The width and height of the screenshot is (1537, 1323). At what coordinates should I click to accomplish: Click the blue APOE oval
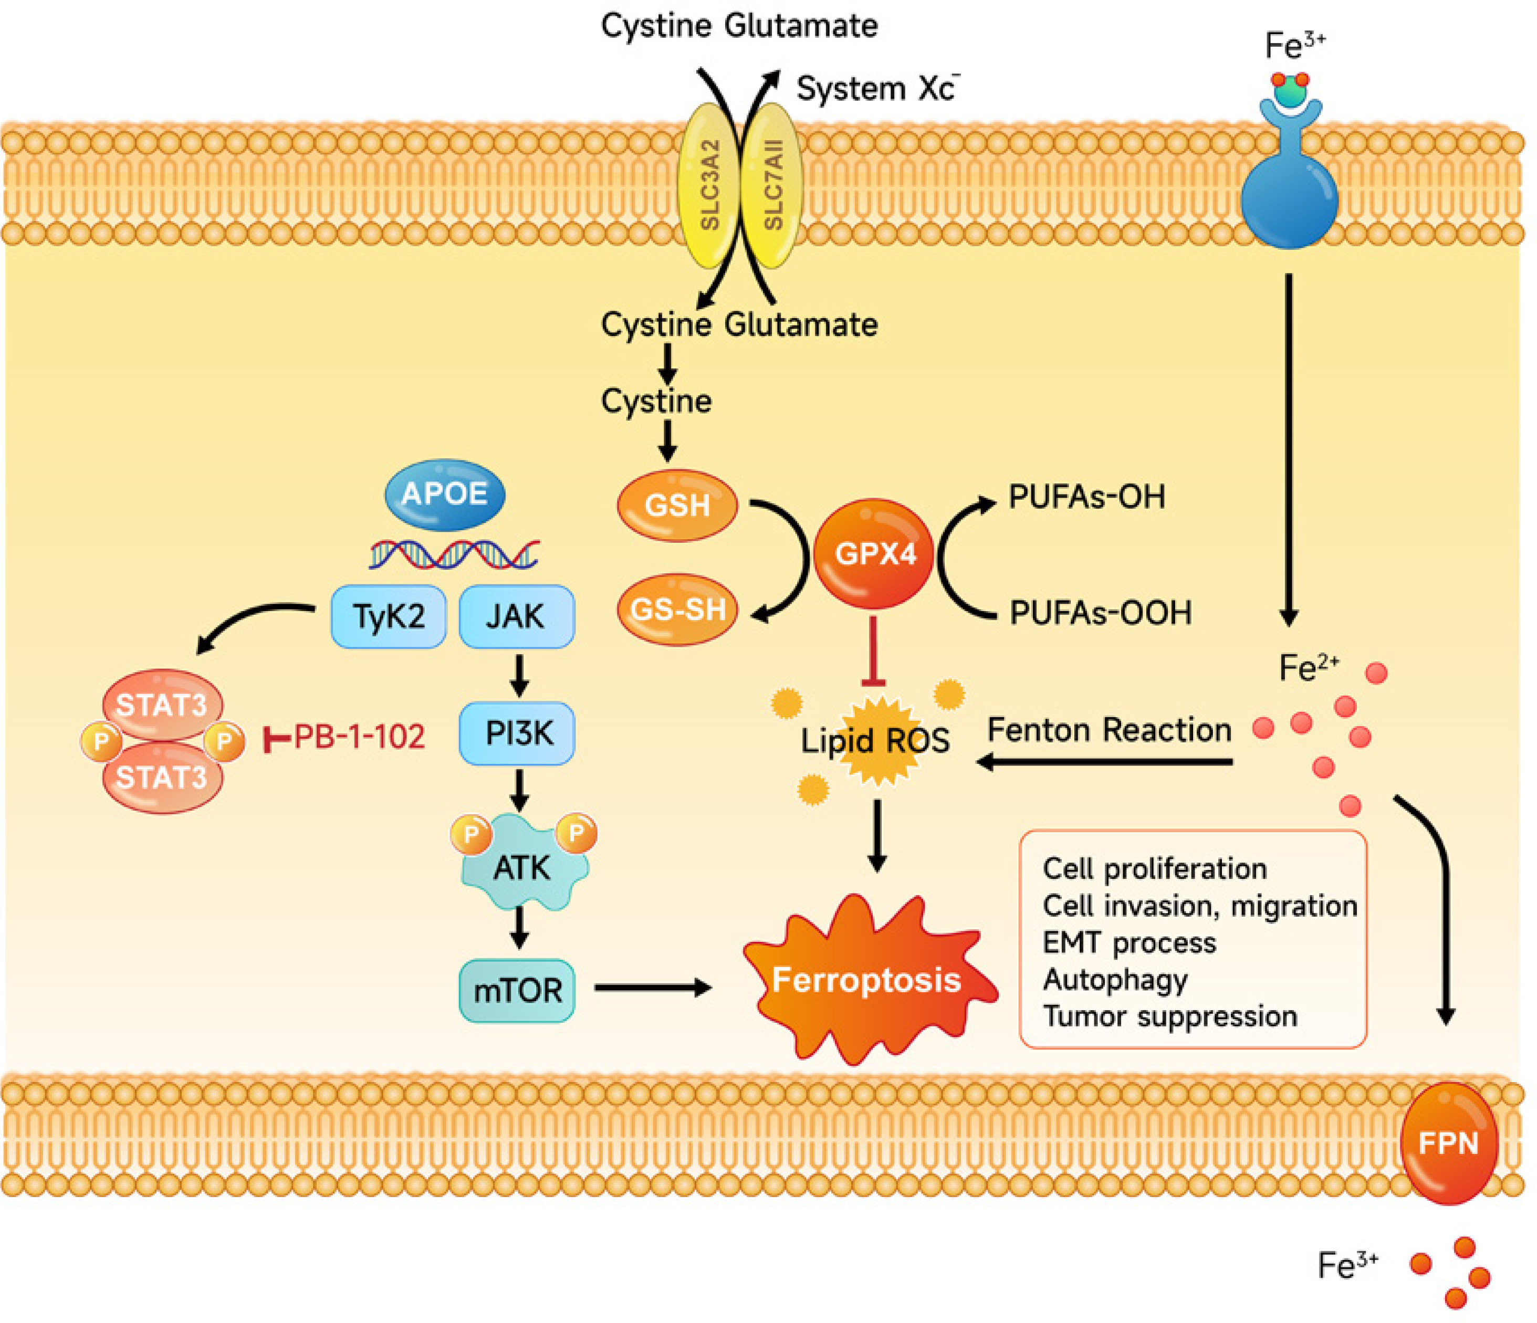pyautogui.click(x=444, y=495)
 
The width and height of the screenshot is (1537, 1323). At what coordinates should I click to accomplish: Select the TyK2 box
pyautogui.click(x=388, y=616)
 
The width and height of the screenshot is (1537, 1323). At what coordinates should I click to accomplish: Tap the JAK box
pyautogui.click(x=516, y=616)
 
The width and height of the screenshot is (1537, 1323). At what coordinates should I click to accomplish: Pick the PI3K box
pyautogui.click(x=517, y=733)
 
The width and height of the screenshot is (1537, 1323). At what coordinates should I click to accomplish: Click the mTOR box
pyautogui.click(x=517, y=991)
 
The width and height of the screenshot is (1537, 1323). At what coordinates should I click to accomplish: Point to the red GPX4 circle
pyautogui.click(x=874, y=553)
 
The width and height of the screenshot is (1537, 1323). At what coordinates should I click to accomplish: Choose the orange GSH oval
pyautogui.click(x=676, y=505)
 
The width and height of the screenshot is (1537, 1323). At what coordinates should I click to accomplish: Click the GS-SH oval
pyautogui.click(x=676, y=610)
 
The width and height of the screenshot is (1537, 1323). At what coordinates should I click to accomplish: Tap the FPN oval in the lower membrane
pyautogui.click(x=1448, y=1143)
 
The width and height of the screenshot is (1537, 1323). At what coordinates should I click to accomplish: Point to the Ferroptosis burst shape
pyautogui.click(x=866, y=980)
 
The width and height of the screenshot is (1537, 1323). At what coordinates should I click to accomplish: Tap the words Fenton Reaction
pyautogui.click(x=1109, y=730)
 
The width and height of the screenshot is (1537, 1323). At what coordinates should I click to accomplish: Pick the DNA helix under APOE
pyautogui.click(x=454, y=555)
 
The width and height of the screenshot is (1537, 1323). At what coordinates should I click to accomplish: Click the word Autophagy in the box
pyautogui.click(x=1115, y=980)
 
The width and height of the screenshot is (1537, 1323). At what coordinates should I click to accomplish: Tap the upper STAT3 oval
pyautogui.click(x=162, y=705)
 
